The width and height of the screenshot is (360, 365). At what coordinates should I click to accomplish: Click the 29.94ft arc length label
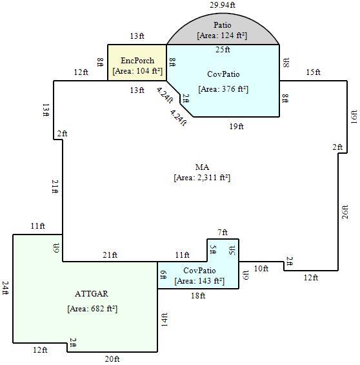[223, 5]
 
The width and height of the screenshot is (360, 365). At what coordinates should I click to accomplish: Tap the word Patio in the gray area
[223, 25]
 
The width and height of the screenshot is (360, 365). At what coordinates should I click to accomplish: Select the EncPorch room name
[137, 61]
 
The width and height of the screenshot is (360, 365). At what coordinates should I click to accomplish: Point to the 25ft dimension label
[223, 50]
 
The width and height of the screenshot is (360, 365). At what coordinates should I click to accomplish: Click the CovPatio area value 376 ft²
[235, 89]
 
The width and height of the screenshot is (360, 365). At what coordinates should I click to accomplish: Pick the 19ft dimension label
[237, 127]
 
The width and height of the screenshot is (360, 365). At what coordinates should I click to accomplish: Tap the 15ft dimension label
[314, 72]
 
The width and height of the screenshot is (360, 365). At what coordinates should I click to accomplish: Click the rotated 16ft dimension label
[354, 117]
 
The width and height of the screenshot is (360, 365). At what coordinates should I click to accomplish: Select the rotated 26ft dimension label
[345, 212]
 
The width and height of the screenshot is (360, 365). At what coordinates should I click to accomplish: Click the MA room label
[202, 167]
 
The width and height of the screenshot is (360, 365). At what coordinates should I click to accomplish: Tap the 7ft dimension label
[223, 233]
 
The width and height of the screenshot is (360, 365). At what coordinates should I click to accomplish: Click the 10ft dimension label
[261, 269]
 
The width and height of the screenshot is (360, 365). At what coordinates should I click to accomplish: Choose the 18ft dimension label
[198, 296]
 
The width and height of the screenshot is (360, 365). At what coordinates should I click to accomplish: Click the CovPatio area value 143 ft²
[212, 281]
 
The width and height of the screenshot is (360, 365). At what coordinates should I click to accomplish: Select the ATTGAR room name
[92, 294]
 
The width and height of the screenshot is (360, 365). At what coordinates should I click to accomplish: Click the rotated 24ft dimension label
[5, 288]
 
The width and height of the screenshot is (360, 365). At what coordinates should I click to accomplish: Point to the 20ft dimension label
[112, 359]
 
